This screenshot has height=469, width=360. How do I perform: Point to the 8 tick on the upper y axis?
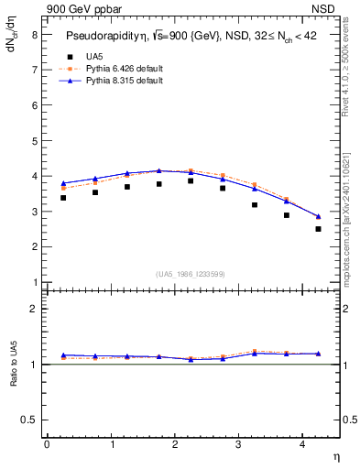coord(34,34)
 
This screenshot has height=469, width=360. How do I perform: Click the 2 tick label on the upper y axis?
coord(34,246)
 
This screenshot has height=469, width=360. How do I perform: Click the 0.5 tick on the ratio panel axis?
coord(28,419)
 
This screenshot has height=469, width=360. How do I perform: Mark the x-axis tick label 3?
coord(238,444)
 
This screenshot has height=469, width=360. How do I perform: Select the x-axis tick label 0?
coord(47,444)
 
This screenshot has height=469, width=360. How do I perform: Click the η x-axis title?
coord(335,456)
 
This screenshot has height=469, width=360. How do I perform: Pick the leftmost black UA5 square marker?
coord(63,198)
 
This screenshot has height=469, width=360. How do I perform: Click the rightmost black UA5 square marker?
coord(318,229)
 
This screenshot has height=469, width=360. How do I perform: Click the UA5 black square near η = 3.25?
coord(255,204)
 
